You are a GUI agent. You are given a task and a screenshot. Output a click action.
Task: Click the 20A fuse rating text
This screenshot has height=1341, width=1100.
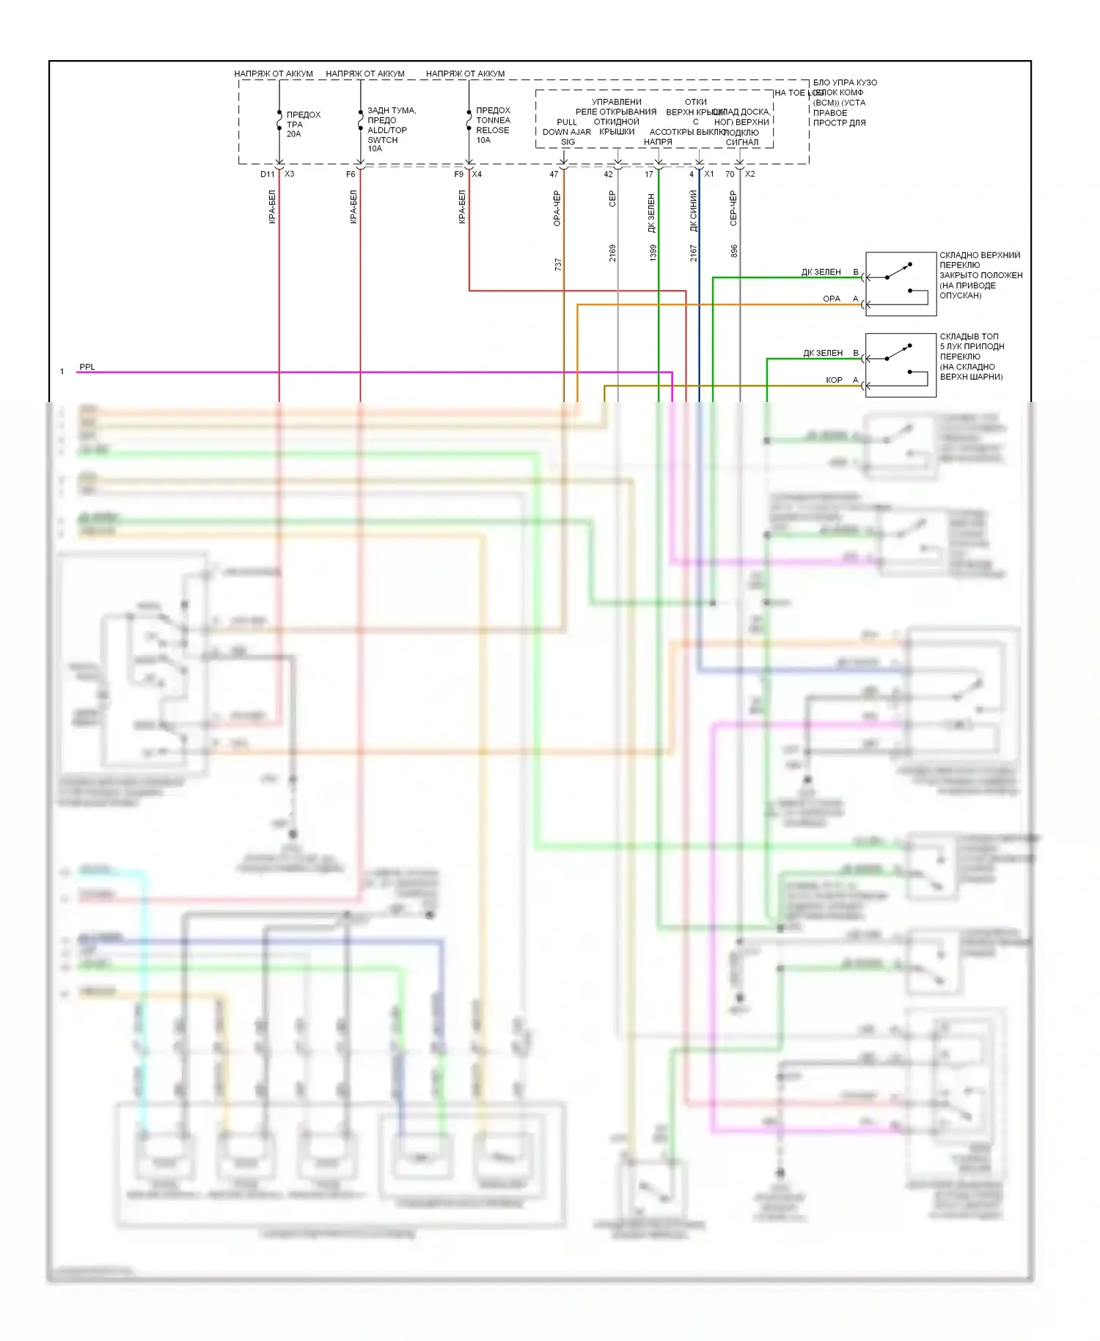point(293,134)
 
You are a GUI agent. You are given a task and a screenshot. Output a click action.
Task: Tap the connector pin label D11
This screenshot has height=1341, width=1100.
point(267,175)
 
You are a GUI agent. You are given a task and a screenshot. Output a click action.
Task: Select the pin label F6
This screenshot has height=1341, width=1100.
point(351,175)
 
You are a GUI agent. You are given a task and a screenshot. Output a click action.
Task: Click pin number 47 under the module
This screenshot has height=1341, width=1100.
point(554,175)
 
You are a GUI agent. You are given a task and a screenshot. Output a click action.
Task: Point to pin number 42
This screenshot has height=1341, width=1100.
point(608,175)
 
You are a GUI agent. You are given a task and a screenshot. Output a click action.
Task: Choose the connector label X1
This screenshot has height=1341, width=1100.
point(709,175)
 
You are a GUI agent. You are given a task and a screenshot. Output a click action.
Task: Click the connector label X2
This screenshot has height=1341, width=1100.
point(749,175)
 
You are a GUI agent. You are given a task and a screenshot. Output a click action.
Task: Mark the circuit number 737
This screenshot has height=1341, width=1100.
point(558,265)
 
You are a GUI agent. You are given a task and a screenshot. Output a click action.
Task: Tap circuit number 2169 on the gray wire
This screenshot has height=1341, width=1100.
point(612,253)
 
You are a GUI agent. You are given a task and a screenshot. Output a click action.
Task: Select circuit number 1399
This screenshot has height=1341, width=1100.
point(653,253)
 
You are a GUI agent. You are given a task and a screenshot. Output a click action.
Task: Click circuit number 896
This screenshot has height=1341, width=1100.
point(734,251)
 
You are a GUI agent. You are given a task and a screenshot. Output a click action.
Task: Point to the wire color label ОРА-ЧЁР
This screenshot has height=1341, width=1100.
point(557,208)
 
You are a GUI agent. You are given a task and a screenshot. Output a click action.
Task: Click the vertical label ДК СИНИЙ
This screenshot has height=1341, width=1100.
point(694,211)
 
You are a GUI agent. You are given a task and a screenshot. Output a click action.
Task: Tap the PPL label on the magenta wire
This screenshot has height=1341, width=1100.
point(87,367)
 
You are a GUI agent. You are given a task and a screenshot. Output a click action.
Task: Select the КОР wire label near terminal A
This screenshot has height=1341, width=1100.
point(834,380)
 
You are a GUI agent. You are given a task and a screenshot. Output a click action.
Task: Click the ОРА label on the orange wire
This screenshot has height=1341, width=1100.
point(832,299)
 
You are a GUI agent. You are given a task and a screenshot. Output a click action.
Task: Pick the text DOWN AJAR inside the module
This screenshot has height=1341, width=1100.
point(567,132)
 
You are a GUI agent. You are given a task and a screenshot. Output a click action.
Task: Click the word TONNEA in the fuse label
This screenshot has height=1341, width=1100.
point(493,120)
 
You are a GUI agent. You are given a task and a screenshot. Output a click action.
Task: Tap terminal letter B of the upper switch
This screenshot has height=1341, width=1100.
point(855,272)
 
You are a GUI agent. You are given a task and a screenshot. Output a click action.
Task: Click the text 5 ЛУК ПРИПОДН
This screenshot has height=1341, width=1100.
point(972,346)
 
